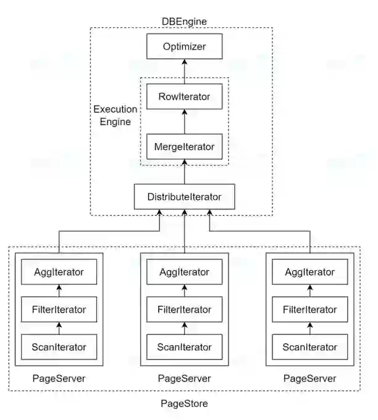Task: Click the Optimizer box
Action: (184, 46)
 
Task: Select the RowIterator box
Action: (184, 96)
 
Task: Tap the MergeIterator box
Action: (184, 147)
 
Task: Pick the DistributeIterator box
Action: (184, 197)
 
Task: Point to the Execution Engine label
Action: (115, 115)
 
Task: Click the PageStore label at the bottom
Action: (184, 404)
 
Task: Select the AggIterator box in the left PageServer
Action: (59, 271)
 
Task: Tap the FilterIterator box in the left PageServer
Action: (59, 309)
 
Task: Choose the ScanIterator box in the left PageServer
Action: (59, 347)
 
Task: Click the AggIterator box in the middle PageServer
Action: (184, 271)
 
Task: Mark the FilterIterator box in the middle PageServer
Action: (184, 309)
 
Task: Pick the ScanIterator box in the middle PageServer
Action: (184, 347)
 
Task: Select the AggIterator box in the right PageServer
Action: (310, 271)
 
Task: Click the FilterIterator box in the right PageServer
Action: (310, 309)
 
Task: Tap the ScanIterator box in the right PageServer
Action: (310, 347)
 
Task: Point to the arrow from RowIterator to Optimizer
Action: (184, 71)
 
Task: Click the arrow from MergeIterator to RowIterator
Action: (184, 121)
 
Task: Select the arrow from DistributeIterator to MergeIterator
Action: (184, 171)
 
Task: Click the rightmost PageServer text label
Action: (310, 378)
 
